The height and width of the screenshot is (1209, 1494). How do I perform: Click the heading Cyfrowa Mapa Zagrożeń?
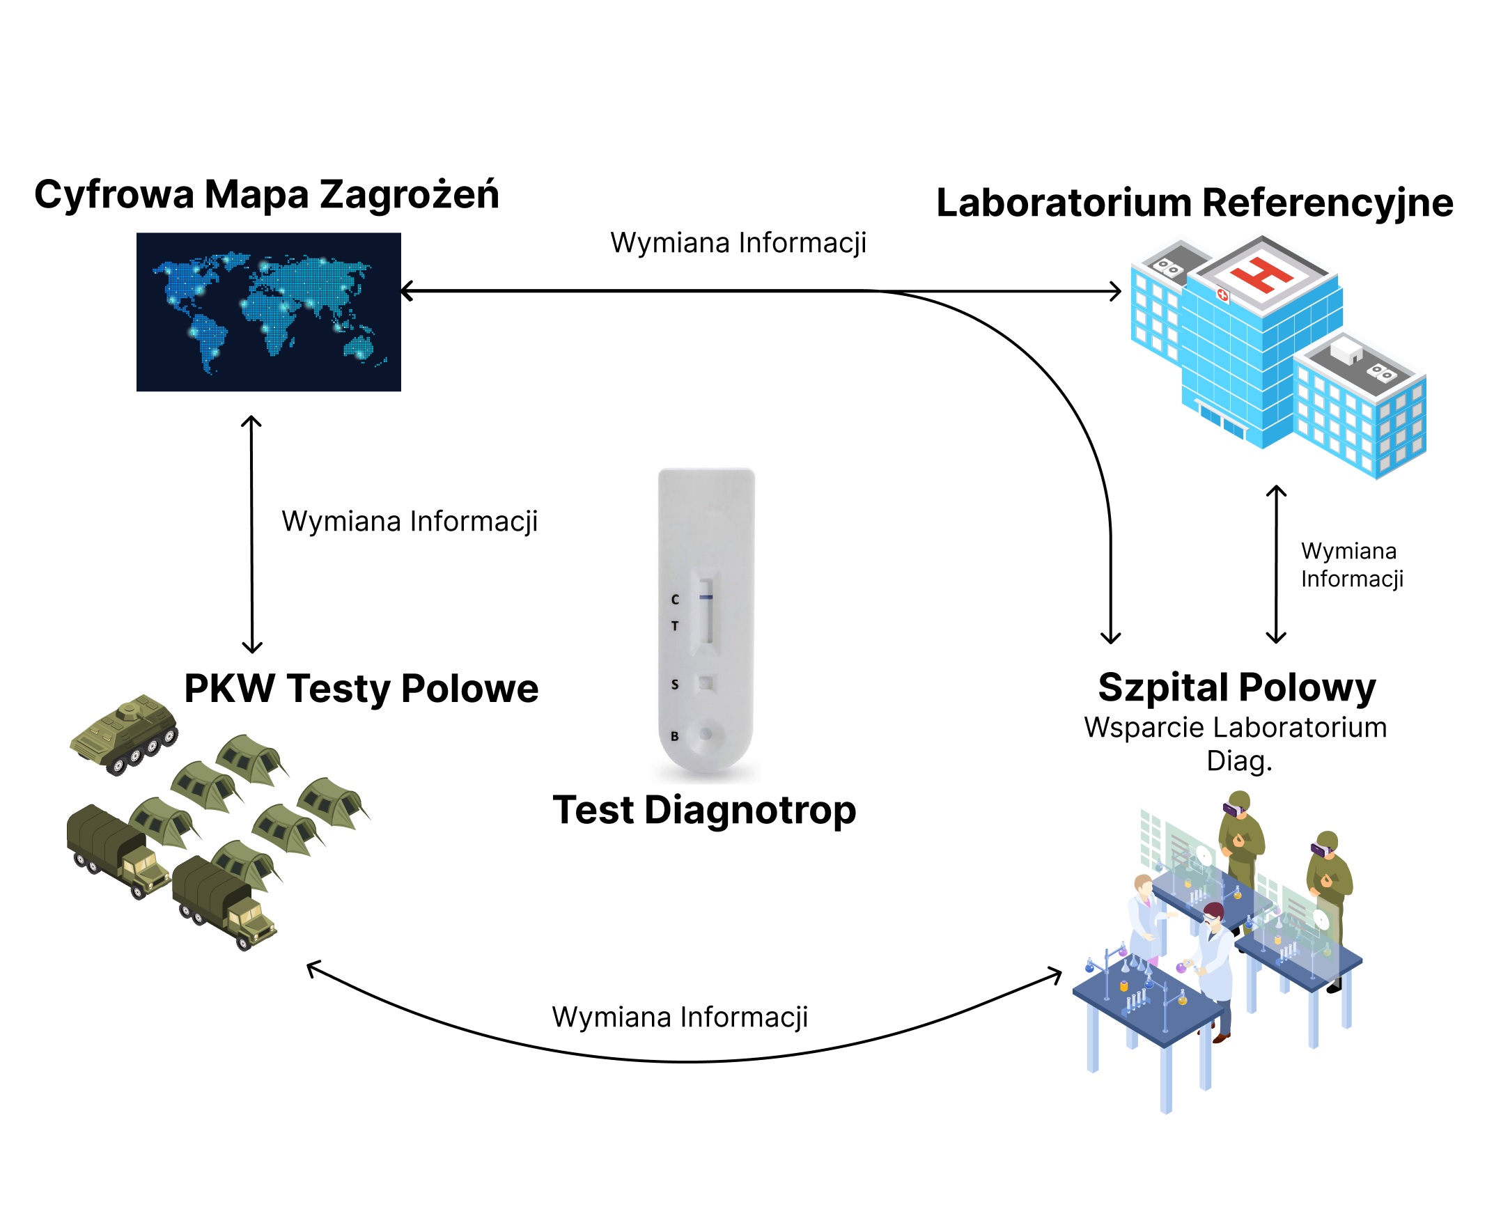tap(267, 195)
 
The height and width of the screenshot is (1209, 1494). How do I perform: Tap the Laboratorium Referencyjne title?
tap(1195, 203)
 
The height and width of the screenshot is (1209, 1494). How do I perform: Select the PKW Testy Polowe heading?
tap(361, 689)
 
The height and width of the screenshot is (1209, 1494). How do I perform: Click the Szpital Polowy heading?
tap(1237, 688)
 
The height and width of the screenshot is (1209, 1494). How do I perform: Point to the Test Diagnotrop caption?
tap(704, 811)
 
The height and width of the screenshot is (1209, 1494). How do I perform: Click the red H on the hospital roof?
tap(1262, 274)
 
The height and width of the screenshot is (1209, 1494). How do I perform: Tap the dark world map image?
tap(269, 312)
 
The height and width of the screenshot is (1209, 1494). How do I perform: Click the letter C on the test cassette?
tap(674, 599)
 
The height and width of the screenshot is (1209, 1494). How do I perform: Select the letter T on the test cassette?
tap(674, 626)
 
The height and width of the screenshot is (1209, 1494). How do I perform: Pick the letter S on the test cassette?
tap(674, 685)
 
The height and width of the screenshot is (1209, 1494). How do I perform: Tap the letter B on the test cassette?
tap(674, 736)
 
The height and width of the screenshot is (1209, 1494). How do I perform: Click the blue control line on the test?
tap(706, 597)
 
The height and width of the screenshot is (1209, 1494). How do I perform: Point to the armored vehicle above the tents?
tap(125, 734)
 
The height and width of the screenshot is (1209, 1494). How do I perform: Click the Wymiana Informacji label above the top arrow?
tap(738, 243)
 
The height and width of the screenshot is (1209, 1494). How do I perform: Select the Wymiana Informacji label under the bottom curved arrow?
tap(680, 1017)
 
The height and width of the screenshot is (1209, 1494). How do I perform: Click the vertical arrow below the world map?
tap(251, 534)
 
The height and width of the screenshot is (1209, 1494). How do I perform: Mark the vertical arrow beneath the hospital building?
tap(1276, 564)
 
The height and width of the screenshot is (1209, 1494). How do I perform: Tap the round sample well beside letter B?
tap(706, 734)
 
